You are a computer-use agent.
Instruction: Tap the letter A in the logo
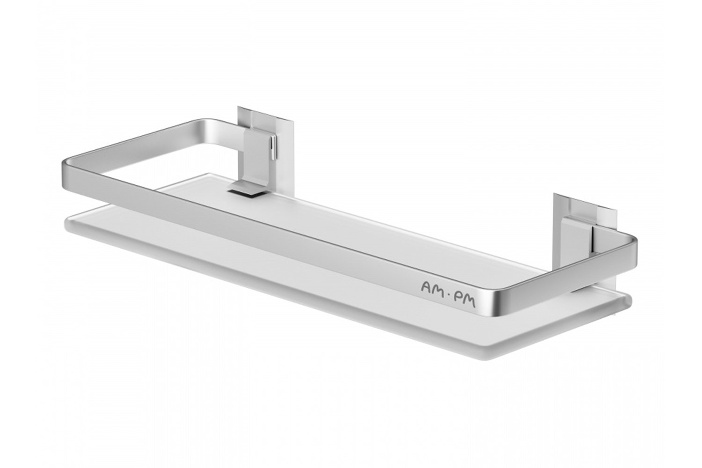coord(427,286)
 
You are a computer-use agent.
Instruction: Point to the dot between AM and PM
coord(450,295)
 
